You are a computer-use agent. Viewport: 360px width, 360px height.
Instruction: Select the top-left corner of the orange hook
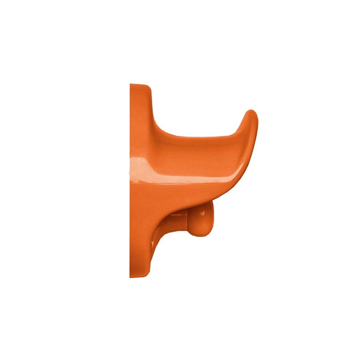tap(131, 84)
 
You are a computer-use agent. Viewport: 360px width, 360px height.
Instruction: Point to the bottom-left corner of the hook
tap(131, 277)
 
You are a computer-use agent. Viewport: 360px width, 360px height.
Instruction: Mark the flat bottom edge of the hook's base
tap(140, 277)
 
